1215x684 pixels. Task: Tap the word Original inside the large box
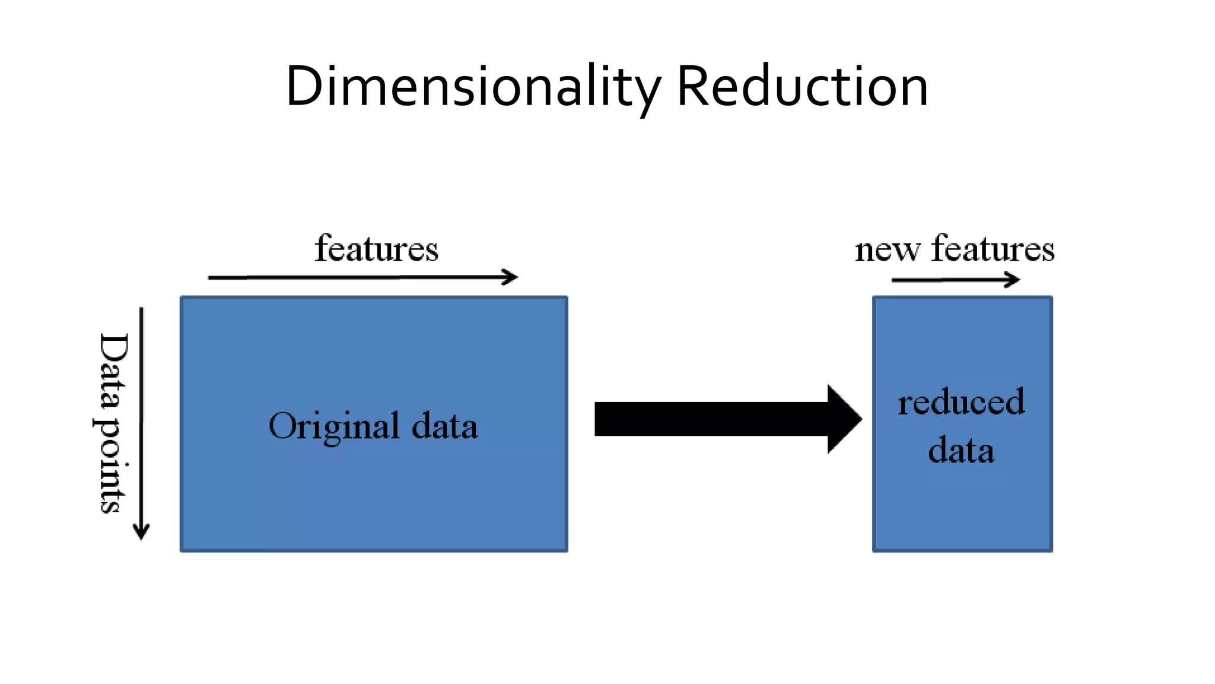(334, 426)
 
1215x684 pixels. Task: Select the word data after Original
(444, 426)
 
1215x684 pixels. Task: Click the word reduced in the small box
(961, 402)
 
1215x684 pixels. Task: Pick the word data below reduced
(961, 450)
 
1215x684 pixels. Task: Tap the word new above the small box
(888, 251)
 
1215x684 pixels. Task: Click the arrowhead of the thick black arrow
(845, 419)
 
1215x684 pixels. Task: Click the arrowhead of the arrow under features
(510, 277)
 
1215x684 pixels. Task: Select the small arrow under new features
(955, 280)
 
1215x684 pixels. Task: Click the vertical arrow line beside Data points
(141, 416)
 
